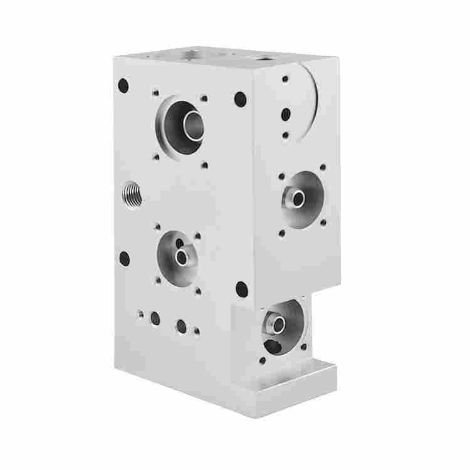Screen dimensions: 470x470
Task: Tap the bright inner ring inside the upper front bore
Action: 192,125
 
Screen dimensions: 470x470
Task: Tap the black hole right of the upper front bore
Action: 240,98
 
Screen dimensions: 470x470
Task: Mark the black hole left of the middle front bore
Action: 124,256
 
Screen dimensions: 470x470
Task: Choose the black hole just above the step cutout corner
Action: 241,289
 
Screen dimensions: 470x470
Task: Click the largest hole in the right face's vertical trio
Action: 286,114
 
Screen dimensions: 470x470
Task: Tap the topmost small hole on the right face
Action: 286,80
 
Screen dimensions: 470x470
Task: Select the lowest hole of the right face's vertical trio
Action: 286,134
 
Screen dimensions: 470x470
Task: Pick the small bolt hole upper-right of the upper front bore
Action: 204,98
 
